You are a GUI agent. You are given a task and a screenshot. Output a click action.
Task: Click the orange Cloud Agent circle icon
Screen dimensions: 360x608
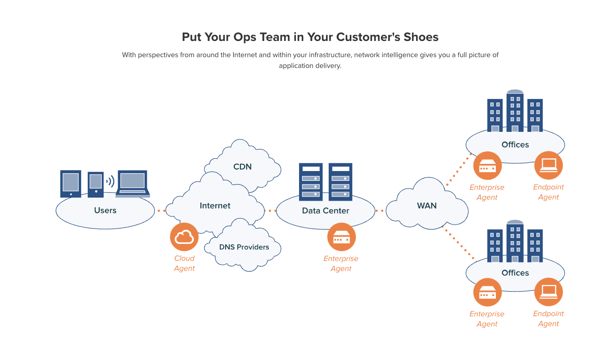click(184, 237)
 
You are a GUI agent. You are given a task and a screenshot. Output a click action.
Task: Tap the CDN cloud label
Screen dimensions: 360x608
click(242, 167)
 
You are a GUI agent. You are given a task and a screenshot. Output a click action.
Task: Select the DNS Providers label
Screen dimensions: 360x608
click(244, 247)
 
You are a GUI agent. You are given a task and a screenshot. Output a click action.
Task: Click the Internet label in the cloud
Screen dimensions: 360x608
click(215, 206)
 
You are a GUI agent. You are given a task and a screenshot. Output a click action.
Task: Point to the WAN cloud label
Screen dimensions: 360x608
click(427, 206)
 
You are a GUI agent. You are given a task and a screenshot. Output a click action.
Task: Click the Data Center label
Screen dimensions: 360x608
click(325, 211)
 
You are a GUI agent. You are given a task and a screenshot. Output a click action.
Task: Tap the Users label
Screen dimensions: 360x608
click(105, 210)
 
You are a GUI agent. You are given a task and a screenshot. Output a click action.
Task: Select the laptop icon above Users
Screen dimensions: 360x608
click(132, 184)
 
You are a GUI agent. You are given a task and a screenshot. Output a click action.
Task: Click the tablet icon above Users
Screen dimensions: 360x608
click(71, 184)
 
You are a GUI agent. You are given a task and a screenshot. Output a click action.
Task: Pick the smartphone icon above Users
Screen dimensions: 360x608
click(95, 184)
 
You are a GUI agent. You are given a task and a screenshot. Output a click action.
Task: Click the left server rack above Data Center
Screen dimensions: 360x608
click(311, 182)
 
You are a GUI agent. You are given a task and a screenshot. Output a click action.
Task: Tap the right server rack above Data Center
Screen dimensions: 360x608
click(340, 182)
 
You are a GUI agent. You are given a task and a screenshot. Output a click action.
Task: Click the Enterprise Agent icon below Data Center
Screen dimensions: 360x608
click(341, 237)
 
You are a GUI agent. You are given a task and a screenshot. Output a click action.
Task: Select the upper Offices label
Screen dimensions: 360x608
click(515, 145)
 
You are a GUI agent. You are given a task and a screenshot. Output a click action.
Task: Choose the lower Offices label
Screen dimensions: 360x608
click(515, 273)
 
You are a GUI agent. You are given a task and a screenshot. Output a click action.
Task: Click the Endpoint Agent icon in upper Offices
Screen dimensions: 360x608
click(548, 165)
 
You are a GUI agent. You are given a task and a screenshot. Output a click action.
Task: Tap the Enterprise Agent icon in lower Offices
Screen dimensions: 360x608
click(487, 292)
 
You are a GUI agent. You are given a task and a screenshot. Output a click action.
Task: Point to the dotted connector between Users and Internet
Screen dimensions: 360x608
click(162, 211)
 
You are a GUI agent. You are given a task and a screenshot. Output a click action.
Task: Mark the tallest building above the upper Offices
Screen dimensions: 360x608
click(515, 110)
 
